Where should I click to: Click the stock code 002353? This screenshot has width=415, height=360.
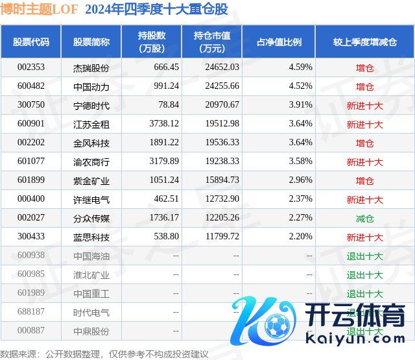[30, 67]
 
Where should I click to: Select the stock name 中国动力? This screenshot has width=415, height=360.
[91, 86]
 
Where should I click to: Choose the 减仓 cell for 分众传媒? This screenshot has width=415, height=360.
[365, 219]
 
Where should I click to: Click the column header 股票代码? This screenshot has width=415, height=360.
[30, 42]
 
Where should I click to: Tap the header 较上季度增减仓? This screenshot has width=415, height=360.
[365, 42]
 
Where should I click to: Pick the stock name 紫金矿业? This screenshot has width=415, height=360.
[91, 180]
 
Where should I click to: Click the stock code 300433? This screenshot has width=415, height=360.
[30, 237]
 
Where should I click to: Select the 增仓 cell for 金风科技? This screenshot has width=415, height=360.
[365, 143]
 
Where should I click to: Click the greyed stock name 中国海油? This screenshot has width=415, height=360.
[91, 256]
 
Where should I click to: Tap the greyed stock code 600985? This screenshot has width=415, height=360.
[30, 275]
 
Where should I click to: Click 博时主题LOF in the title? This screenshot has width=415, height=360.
[39, 10]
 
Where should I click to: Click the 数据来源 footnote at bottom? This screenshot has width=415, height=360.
[104, 354]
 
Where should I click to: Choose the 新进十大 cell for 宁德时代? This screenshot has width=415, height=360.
[365, 105]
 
